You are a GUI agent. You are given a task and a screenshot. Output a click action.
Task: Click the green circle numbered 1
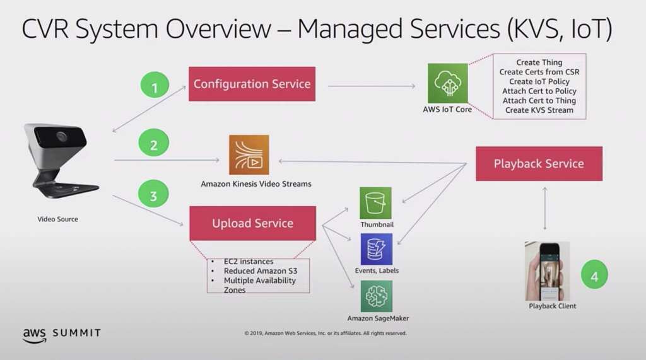coord(155,88)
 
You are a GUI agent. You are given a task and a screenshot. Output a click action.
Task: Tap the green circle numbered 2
coord(153,145)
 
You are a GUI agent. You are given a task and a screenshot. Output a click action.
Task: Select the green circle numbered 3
coord(153,195)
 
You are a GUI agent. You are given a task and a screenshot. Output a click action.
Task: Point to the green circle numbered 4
coord(594,275)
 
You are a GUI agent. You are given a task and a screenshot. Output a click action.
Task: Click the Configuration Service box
coord(252,84)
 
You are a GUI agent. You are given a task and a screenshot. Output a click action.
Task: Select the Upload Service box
coord(252,223)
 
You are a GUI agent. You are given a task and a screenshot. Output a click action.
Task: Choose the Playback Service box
coord(539,164)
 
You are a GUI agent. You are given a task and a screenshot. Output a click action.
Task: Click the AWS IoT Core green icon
coord(447,83)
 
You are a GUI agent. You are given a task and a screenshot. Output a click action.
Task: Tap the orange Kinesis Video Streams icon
coord(249,155)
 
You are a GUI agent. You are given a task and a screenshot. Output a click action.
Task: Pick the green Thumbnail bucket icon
coord(376,202)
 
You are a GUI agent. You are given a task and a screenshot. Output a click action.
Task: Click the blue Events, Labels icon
coord(376,249)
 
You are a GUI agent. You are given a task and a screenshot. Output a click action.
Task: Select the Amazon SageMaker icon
coord(376,296)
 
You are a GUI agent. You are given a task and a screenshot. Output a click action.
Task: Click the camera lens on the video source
coord(61,136)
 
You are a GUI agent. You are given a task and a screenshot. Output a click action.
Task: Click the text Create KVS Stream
coord(539,110)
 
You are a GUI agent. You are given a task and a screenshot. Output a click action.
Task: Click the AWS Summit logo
coord(61,334)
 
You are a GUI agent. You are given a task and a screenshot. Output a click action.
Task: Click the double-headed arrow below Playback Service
coord(544,209)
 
